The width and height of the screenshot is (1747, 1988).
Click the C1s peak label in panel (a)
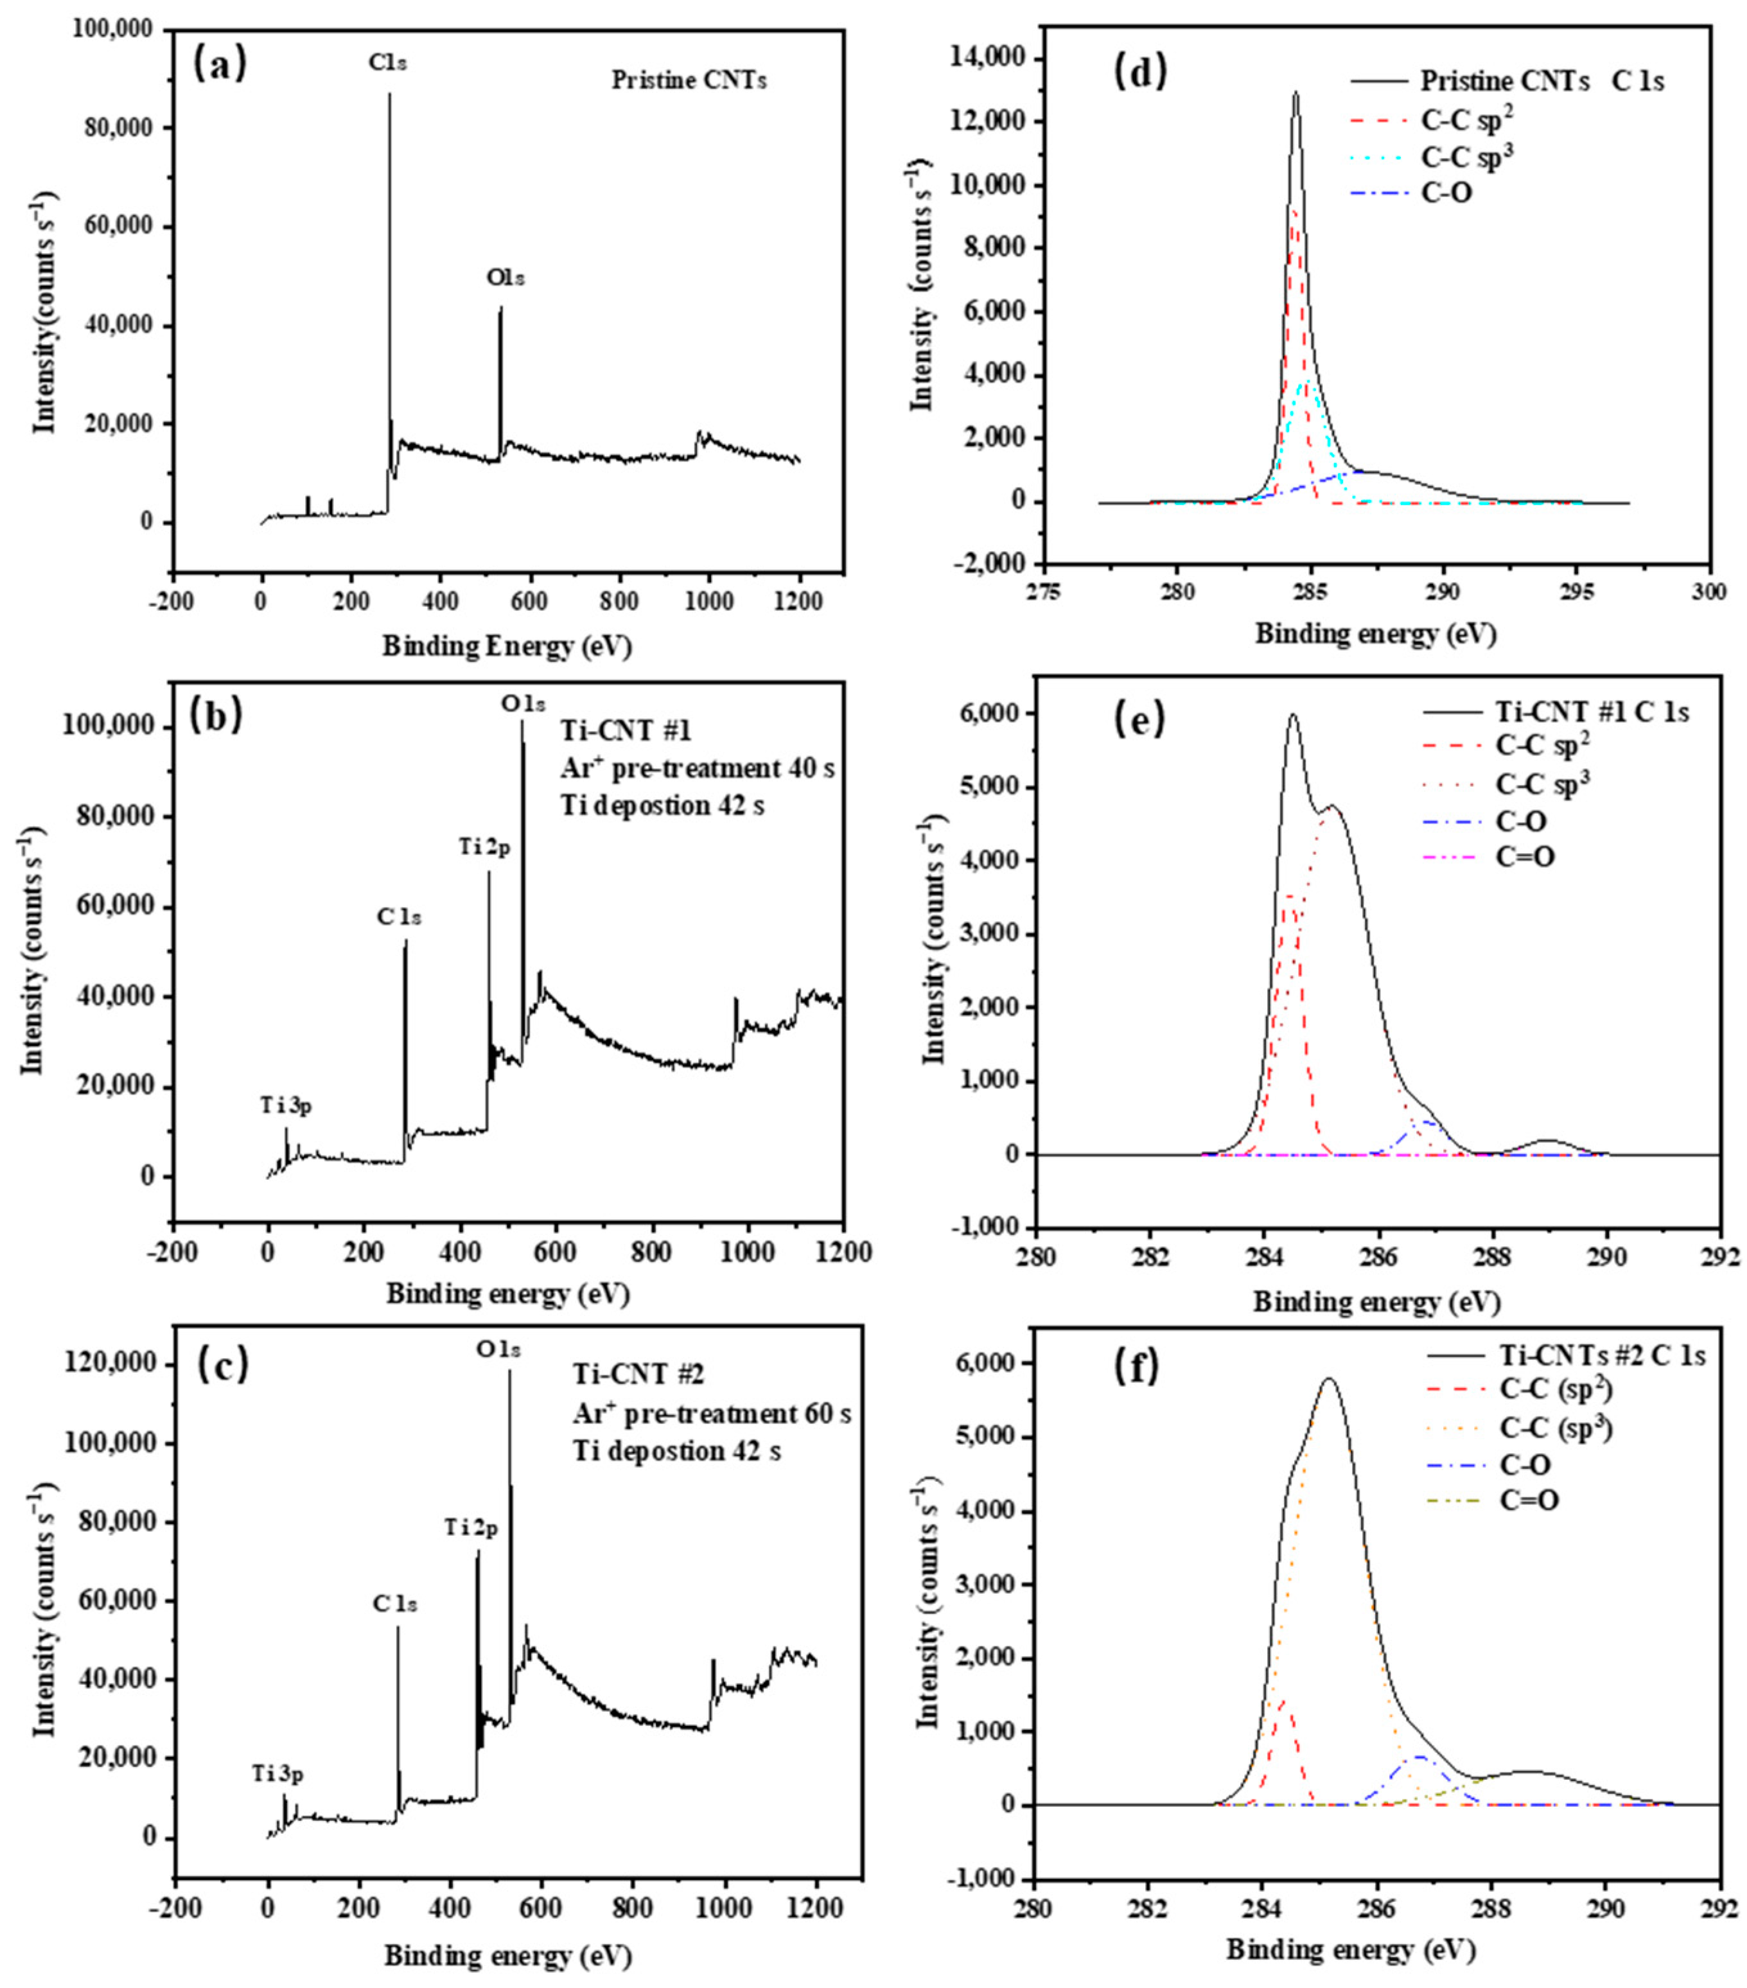[x=387, y=63]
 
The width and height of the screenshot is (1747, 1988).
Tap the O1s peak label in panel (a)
[x=505, y=278]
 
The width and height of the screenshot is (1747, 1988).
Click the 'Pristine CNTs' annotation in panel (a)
[x=688, y=81]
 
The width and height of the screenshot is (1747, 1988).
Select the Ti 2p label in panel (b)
[x=484, y=847]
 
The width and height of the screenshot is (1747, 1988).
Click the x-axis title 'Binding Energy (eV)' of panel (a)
[x=507, y=646]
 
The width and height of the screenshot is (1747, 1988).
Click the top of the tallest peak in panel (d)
[x=1295, y=93]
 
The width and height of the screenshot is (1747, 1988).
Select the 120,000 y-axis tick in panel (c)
[x=113, y=1364]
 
